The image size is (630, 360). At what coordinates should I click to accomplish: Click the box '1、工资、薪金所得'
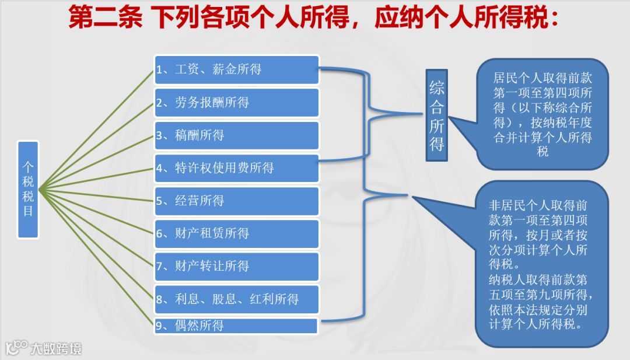click(237, 70)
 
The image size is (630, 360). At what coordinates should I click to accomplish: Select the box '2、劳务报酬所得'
click(237, 103)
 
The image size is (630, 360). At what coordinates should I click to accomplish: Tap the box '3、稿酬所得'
click(237, 135)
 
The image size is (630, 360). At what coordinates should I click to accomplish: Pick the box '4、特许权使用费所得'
click(237, 168)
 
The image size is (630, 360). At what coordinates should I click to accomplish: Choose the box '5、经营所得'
click(237, 201)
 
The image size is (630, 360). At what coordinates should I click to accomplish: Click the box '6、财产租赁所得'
click(237, 233)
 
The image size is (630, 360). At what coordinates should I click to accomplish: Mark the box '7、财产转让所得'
click(237, 266)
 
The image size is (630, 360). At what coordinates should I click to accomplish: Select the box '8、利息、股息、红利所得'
click(237, 299)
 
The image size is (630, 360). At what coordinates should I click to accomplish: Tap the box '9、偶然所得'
click(237, 326)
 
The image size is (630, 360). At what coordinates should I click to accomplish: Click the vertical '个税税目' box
click(28, 189)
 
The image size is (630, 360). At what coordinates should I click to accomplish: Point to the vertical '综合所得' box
click(437, 116)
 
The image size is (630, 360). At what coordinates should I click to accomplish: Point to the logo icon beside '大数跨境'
click(16, 348)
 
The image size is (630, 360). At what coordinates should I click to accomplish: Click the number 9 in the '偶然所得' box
click(159, 326)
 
